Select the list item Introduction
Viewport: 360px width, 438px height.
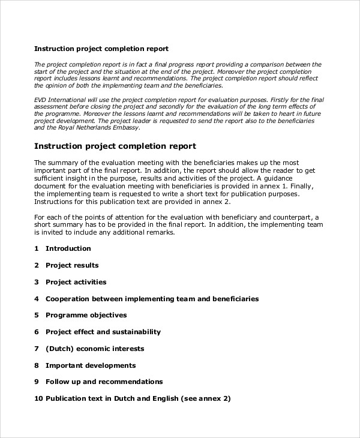pyautogui.click(x=68, y=248)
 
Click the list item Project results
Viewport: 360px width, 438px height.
pyautogui.click(x=72, y=265)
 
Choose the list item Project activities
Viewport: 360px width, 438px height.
pyautogui.click(x=76, y=282)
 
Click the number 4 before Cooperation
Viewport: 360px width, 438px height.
pyautogui.click(x=37, y=298)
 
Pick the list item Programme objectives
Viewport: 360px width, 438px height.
pyautogui.click(x=86, y=315)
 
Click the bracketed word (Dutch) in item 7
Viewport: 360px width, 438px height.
pyautogui.click(x=58, y=349)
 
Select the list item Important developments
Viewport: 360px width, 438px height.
pyautogui.click(x=91, y=365)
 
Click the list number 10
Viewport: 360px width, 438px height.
pyautogui.click(x=38, y=398)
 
